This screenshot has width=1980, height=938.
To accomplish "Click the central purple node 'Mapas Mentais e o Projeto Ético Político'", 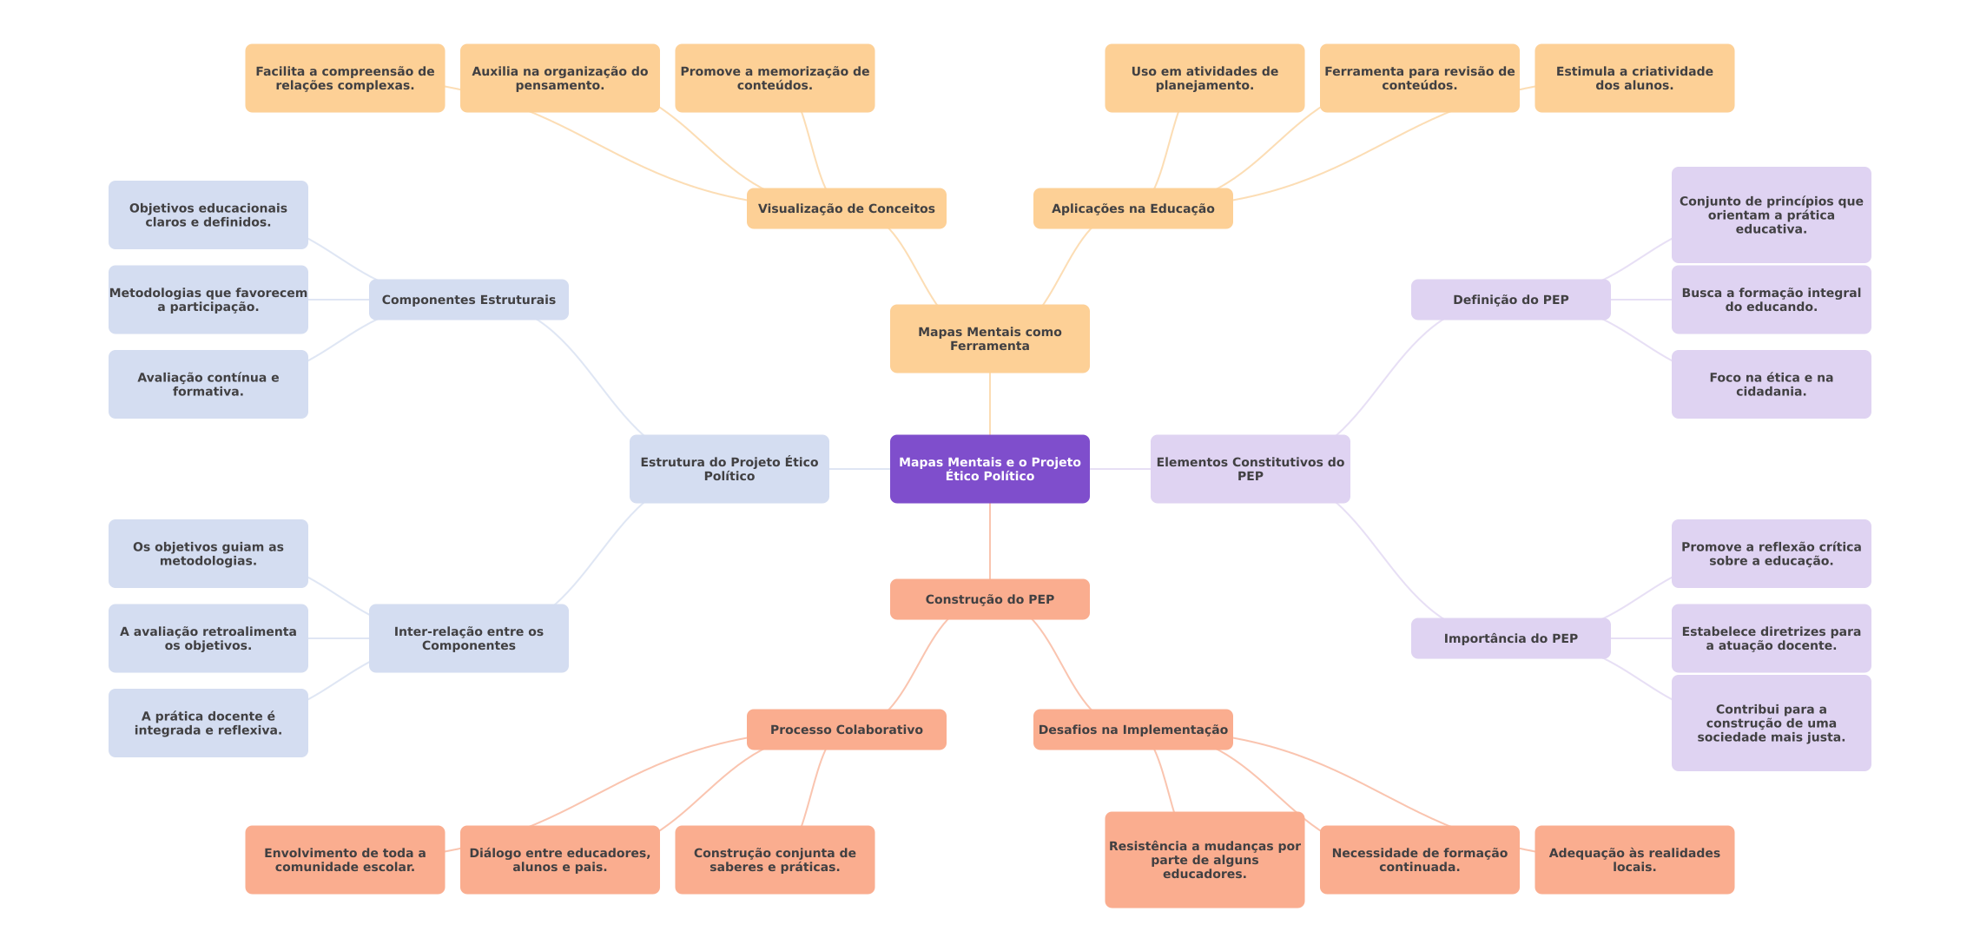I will [x=989, y=469].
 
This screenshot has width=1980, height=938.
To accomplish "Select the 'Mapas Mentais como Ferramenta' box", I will [x=989, y=339].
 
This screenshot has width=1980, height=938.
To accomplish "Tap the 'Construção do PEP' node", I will [x=989, y=599].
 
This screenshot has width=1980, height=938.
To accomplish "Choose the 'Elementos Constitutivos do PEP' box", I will [x=1250, y=469].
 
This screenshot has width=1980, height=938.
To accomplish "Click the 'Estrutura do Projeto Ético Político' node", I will [x=729, y=469].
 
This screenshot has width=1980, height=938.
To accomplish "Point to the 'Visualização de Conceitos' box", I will [x=846, y=208].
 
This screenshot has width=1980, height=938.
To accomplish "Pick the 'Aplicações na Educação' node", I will [x=1132, y=208].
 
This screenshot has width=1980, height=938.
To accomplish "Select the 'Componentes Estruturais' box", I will [x=468, y=300].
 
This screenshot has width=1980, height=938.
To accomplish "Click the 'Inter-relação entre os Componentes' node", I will [x=468, y=638].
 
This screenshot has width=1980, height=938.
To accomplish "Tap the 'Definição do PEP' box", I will [x=1510, y=300].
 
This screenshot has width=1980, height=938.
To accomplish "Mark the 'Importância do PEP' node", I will [x=1510, y=638].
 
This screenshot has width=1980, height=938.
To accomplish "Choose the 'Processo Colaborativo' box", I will [x=846, y=730].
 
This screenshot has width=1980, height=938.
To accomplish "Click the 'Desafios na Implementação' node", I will [x=1132, y=730].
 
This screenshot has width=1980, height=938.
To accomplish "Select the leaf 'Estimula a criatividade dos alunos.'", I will [x=1633, y=78].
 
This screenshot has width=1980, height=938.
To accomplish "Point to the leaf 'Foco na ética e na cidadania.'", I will [x=1771, y=384].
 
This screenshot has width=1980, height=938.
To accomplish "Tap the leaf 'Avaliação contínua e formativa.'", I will [x=208, y=384].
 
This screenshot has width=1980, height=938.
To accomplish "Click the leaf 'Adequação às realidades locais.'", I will [x=1633, y=860].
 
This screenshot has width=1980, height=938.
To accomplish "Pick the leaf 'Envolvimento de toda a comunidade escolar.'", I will [x=345, y=860].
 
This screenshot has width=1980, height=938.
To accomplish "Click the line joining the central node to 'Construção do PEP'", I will [x=990, y=541].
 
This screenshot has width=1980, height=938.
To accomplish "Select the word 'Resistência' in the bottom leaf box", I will [x=1143, y=846].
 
